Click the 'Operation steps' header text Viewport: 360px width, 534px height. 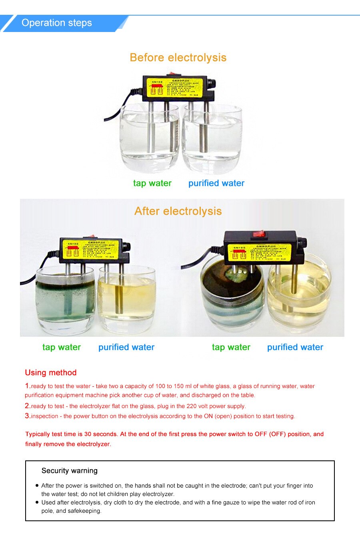click(57, 23)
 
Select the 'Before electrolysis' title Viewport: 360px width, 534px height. click(178, 58)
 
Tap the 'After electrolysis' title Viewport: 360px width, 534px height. click(178, 211)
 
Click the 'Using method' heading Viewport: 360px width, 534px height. click(51, 372)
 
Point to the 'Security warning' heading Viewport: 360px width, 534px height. click(70, 471)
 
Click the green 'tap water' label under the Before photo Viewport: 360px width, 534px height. click(152, 183)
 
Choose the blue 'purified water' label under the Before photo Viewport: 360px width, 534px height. click(216, 183)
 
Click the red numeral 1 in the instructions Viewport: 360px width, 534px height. click(27, 386)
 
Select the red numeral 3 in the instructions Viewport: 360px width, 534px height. click(27, 416)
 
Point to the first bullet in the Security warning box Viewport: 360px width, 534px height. click(37, 486)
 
